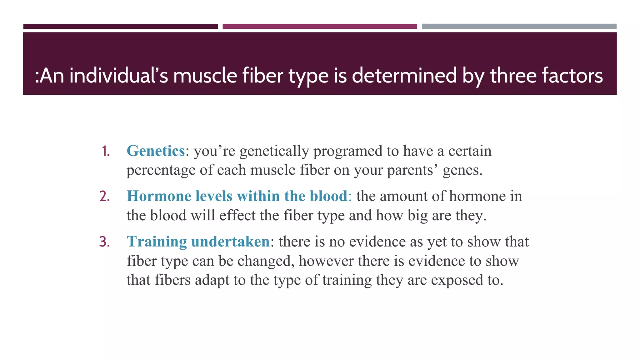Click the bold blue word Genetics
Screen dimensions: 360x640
tap(156, 151)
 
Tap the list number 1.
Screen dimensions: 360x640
tap(106, 151)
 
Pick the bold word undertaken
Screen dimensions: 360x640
tap(230, 242)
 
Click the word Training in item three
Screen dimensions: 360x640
tap(157, 242)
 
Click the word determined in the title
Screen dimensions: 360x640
tap(404, 76)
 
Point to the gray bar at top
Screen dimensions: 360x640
tap(519, 27)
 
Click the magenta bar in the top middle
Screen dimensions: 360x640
tap(320, 27)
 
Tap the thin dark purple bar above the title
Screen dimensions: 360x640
tap(120, 27)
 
